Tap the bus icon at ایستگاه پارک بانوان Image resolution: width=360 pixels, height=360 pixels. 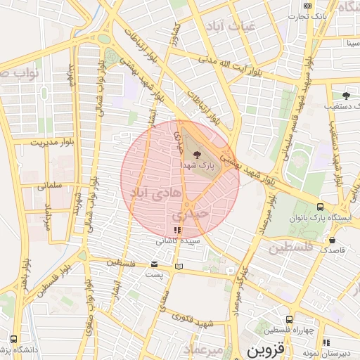pyautogui.click(x=321, y=207)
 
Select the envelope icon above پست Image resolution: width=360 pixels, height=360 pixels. pyautogui.click(x=155, y=264)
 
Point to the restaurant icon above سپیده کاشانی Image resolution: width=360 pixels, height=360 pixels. pyautogui.click(x=176, y=230)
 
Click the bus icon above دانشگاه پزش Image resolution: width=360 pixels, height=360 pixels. pyautogui.click(x=15, y=339)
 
